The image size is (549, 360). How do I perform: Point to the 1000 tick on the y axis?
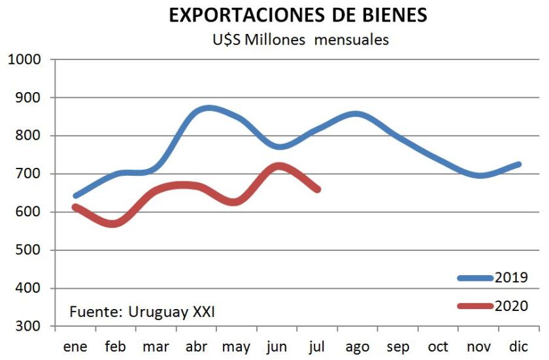pyautogui.click(x=25, y=59)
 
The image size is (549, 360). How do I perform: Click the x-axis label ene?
pyautogui.click(x=75, y=346)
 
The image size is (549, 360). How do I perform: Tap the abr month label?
pyautogui.click(x=196, y=346)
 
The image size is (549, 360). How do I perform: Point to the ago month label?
pyautogui.click(x=358, y=346)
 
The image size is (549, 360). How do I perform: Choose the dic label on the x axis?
pyautogui.click(x=520, y=346)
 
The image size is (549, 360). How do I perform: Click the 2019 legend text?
pyautogui.click(x=511, y=277)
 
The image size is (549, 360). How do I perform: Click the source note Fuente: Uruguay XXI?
pyautogui.click(x=142, y=312)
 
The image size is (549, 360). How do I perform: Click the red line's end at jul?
pyautogui.click(x=318, y=189)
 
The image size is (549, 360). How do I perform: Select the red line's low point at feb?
pyautogui.click(x=115, y=223)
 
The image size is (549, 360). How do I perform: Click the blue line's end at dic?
pyautogui.click(x=519, y=164)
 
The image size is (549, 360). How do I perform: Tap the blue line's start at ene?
pyautogui.click(x=75, y=195)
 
